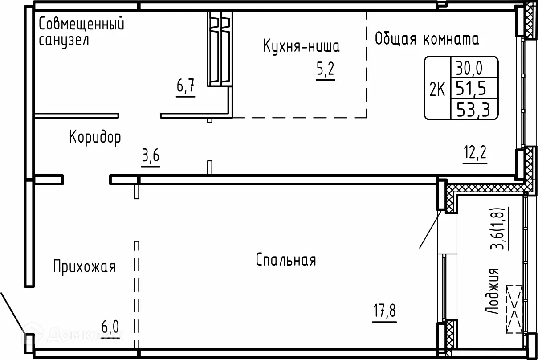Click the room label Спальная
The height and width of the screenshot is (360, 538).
click(286, 260)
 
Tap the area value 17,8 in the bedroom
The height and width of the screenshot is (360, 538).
click(384, 310)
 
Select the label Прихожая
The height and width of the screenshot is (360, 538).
click(84, 267)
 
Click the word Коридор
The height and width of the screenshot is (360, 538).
click(95, 137)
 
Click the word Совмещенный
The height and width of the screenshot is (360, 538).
click(82, 24)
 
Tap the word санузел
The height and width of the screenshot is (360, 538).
click(64, 41)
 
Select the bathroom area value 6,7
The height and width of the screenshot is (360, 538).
click(185, 86)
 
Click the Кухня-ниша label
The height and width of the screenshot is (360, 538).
click(302, 46)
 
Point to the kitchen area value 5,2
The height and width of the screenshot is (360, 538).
click(325, 70)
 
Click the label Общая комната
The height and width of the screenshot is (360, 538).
click(427, 39)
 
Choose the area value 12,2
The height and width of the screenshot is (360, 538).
click(475, 155)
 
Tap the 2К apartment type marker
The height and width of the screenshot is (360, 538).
click(437, 90)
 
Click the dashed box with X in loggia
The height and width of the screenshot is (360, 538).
click(514, 309)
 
